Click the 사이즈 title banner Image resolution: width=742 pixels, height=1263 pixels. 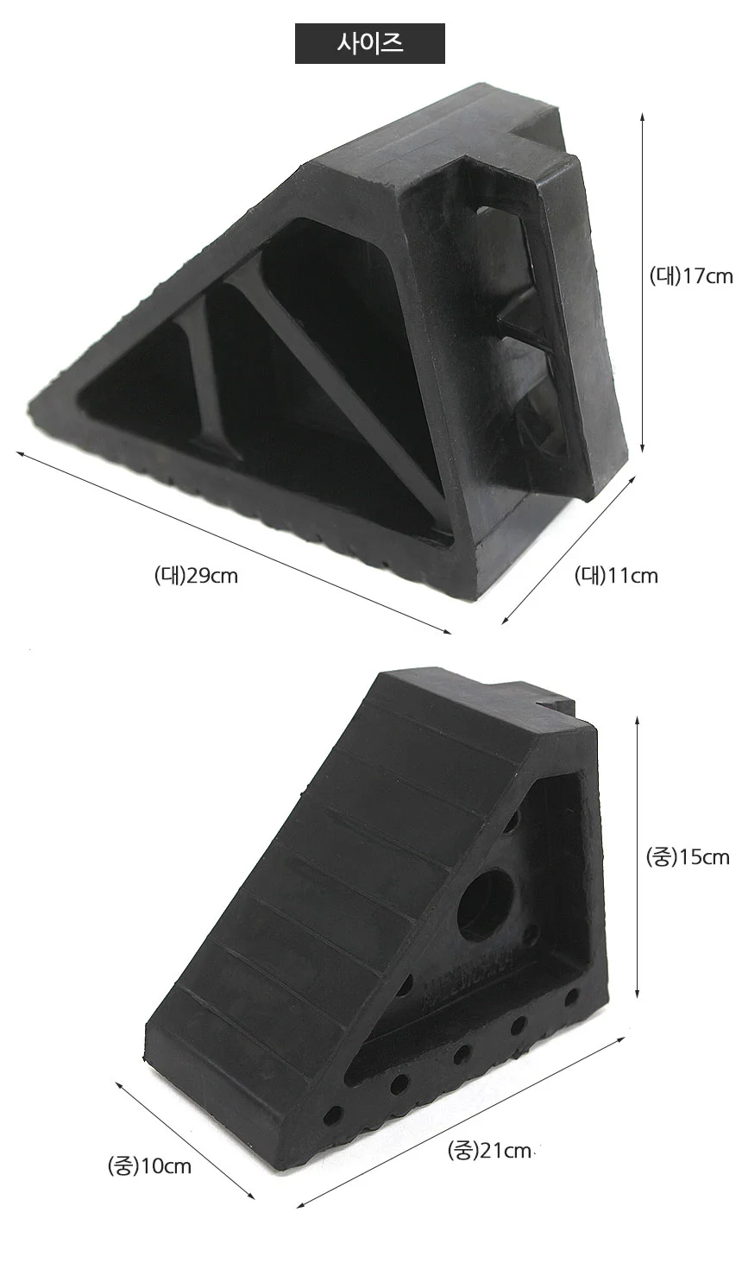(369, 43)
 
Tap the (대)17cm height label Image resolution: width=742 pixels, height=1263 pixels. (691, 276)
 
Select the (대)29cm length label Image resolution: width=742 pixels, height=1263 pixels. (196, 576)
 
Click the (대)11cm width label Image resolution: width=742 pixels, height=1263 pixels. (616, 576)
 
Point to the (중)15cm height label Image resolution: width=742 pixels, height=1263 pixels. (688, 857)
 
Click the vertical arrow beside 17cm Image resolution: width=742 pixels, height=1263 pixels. (642, 282)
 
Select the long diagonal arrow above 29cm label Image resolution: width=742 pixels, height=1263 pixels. (234, 542)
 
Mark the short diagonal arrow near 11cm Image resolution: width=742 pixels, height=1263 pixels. (569, 550)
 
